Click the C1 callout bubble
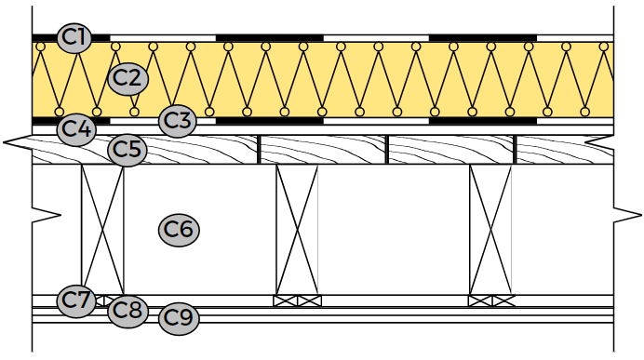74,38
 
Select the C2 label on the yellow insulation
127,78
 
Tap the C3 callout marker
177,121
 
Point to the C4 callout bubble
76,129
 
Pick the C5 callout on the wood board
127,150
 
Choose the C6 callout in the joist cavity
179,230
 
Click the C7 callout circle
76,300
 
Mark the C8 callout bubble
127,311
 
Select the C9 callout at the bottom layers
179,318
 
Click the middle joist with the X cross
297,230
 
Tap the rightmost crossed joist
490,230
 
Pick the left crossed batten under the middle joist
285,300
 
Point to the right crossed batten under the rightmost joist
503,300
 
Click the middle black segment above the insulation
270,38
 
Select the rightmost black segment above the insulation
483,38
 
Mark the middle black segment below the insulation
270,121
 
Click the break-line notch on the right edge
627,215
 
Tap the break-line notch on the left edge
47,215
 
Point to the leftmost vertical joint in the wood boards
259,150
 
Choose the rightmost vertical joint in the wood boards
515,150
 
